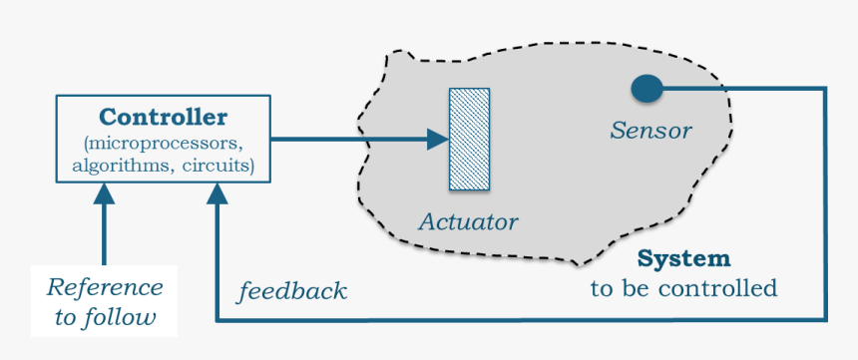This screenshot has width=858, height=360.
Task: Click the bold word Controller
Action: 163,117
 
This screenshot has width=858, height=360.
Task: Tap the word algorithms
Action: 120,166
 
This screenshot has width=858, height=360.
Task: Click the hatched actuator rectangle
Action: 469,139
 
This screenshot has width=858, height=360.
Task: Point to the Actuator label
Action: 468,220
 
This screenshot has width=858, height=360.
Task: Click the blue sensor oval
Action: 646,89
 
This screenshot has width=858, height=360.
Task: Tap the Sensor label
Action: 650,130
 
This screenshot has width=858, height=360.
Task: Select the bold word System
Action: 683,259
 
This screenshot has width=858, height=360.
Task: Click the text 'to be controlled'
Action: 683,289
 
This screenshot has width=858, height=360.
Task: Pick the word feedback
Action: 291,292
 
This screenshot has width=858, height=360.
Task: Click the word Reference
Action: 105,287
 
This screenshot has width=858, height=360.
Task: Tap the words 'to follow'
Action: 105,318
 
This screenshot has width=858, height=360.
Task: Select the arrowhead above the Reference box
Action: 104,193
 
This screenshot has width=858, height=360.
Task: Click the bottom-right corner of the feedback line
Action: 825,320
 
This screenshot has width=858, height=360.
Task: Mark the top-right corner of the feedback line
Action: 825,89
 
